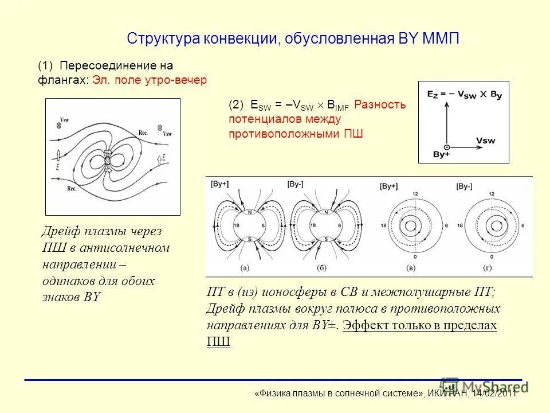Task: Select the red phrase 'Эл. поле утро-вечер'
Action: click(150, 80)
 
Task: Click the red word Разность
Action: click(380, 105)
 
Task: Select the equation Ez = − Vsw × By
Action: click(464, 95)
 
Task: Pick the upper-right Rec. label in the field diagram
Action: click(143, 132)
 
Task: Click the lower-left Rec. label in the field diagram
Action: click(72, 188)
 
